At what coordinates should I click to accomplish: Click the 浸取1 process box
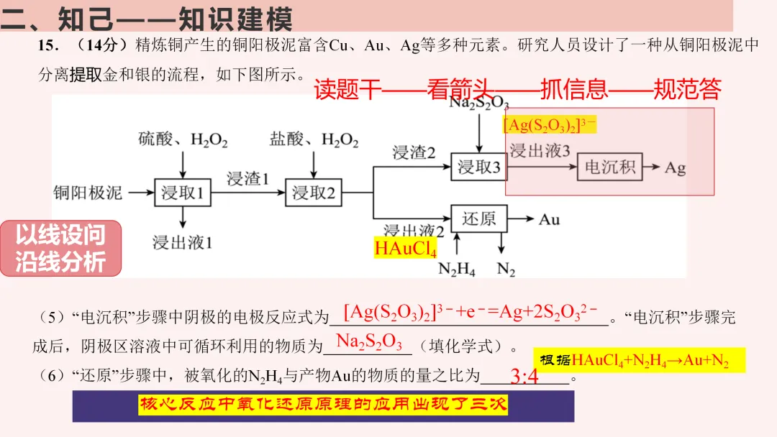point(183,193)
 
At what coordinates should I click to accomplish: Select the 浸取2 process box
point(314,193)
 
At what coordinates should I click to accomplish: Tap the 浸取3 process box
point(478,167)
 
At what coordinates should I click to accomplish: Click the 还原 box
point(478,218)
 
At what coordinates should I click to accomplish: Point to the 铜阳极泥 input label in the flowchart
point(88,193)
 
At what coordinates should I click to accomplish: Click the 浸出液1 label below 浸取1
point(183,242)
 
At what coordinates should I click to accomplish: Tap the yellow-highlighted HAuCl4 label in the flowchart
point(406,249)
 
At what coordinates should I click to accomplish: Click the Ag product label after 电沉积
point(675,168)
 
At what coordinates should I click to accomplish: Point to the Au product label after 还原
point(549,218)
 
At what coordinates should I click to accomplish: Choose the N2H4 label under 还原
point(457,270)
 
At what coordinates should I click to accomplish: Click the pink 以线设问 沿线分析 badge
point(60,248)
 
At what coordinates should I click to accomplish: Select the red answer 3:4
point(524,376)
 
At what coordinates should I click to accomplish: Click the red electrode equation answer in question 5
point(471,313)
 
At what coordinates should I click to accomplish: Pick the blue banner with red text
point(323,406)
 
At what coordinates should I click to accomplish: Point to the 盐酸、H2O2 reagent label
point(314,139)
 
